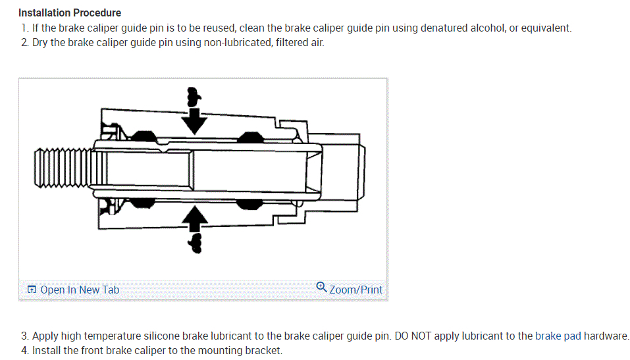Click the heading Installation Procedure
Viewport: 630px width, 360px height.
[70, 13]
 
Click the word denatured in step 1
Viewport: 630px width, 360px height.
[444, 28]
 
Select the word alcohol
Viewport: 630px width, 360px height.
[487, 28]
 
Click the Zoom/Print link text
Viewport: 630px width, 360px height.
[355, 290]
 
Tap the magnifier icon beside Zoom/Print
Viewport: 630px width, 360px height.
[321, 287]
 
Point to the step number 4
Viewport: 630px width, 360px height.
[24, 350]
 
